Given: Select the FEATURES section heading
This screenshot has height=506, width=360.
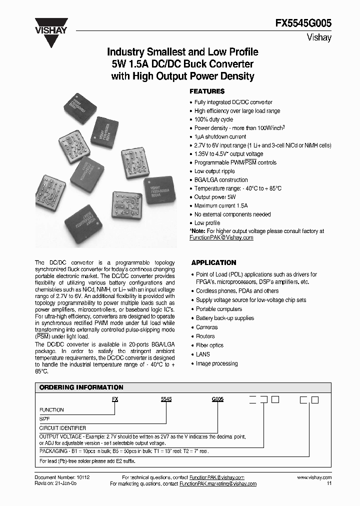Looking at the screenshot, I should coord(207,91).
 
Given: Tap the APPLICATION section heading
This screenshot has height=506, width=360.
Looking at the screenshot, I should coord(213,262).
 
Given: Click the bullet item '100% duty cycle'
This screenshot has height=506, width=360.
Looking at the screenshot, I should coord(213,119).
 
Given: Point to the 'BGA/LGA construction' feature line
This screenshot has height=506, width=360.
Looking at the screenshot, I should coord(220,180).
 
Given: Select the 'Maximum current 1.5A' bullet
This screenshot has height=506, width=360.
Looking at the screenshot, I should coord(220,205).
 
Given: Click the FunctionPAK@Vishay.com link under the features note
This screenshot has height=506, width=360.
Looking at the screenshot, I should coord(221,237).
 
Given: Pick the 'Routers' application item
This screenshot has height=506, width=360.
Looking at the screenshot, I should coord(205,336).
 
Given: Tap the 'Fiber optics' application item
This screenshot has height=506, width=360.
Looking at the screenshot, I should coord(209,345).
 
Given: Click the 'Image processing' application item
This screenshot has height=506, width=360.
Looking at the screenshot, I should coord(216,363).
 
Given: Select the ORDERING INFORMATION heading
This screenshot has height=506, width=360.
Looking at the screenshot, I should coord(81,387).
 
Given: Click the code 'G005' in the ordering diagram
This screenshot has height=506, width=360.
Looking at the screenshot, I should coord(217,400).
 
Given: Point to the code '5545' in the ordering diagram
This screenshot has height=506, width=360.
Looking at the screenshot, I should coord(166,400).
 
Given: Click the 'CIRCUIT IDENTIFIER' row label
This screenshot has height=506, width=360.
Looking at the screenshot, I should coord(62,428).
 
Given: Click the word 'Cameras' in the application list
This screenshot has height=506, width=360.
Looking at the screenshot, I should coord(207,327).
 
